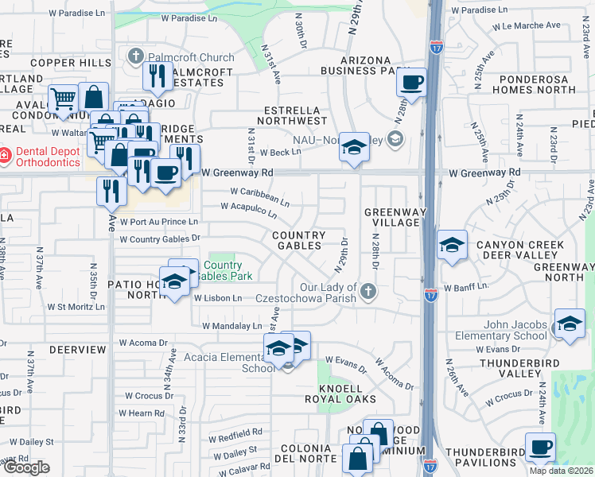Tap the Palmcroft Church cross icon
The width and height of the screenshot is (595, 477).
point(136,56)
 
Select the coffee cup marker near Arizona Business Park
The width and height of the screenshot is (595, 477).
point(412,83)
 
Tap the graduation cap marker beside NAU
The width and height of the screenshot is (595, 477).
point(354,148)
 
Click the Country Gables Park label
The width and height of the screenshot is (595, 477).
point(227,271)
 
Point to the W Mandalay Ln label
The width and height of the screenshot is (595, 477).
point(231,326)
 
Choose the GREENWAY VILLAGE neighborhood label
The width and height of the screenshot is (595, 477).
point(391,217)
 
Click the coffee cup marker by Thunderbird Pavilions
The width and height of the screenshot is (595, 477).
point(540,447)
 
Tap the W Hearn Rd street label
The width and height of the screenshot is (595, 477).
point(141,413)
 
